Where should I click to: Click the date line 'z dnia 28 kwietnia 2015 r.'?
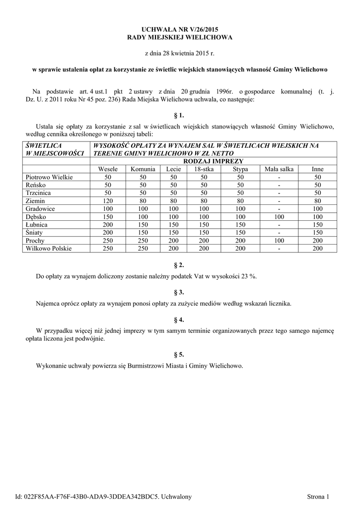coord(180,53)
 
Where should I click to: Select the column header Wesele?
coord(108,169)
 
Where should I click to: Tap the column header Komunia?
coord(143,169)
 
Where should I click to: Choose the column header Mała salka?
coord(279,169)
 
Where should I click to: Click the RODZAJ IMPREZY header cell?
coord(213,161)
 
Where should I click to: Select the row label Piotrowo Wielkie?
coord(49,177)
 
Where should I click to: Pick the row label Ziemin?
coord(35,201)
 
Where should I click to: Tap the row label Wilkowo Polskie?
coord(49,249)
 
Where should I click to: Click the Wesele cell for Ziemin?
coord(108,201)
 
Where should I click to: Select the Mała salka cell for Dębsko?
coord(279,217)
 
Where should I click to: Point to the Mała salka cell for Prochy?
coord(279,241)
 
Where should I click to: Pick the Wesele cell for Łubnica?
coord(108,225)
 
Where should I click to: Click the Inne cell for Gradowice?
coord(317,209)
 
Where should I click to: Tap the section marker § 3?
coord(180,292)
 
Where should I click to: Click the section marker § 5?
coord(180,354)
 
